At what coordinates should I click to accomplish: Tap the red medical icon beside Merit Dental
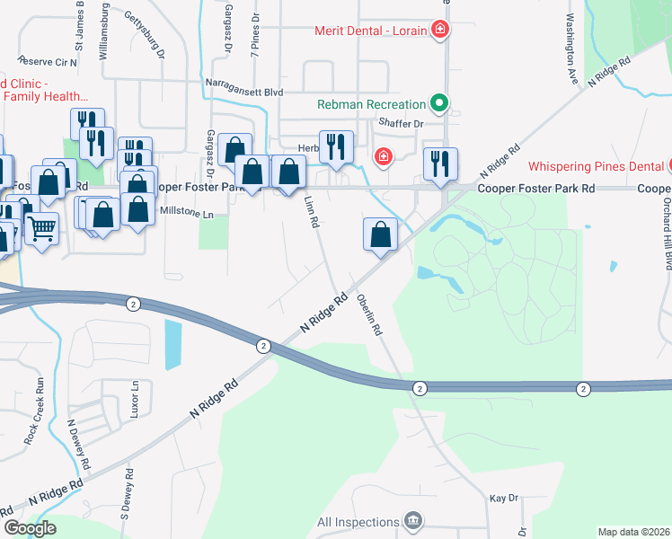pyautogui.click(x=439, y=30)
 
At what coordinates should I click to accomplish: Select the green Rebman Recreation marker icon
pyautogui.click(x=439, y=104)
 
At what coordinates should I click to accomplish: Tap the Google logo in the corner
pyautogui.click(x=30, y=528)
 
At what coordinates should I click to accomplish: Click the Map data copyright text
pyautogui.click(x=634, y=532)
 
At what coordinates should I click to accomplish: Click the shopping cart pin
pyautogui.click(x=40, y=230)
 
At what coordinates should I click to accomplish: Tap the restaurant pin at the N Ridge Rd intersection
pyautogui.click(x=440, y=164)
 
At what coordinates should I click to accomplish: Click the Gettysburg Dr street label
pyautogui.click(x=146, y=34)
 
